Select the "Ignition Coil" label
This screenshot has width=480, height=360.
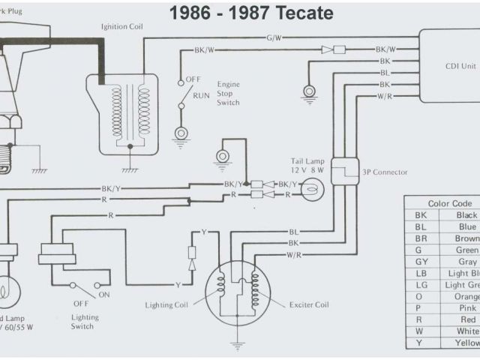click(123, 26)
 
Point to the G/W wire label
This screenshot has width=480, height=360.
click(274, 37)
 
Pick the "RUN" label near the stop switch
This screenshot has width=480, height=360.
click(201, 96)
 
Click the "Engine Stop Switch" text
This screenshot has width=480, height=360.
click(228, 93)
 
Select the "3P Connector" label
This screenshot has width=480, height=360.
click(385, 172)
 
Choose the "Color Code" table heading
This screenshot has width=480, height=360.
click(450, 203)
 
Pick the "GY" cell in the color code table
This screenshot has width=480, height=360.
click(421, 262)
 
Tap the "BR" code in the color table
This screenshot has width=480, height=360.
click(421, 238)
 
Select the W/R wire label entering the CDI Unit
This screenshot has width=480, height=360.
click(384, 96)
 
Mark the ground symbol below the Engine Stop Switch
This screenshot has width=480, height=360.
click(181, 133)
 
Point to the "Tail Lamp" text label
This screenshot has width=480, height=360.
click(307, 161)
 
